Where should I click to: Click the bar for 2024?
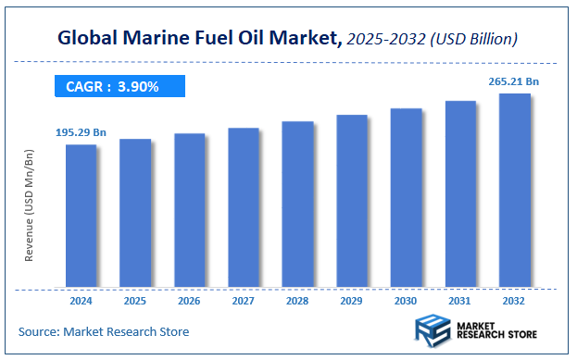click(x=81, y=215)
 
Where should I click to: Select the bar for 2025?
click(x=135, y=212)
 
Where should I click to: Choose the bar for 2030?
click(x=406, y=197)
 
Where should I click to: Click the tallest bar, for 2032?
click(x=514, y=189)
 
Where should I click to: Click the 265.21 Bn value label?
click(x=514, y=81)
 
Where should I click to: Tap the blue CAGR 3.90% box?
click(x=119, y=86)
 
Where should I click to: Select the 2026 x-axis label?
click(x=189, y=301)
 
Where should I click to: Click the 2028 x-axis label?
click(x=297, y=301)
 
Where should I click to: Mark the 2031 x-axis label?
click(x=460, y=301)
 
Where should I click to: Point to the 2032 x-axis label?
click(x=514, y=301)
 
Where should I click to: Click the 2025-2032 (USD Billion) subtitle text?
click(x=432, y=40)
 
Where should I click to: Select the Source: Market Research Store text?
click(x=104, y=331)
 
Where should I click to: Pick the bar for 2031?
click(x=460, y=193)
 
